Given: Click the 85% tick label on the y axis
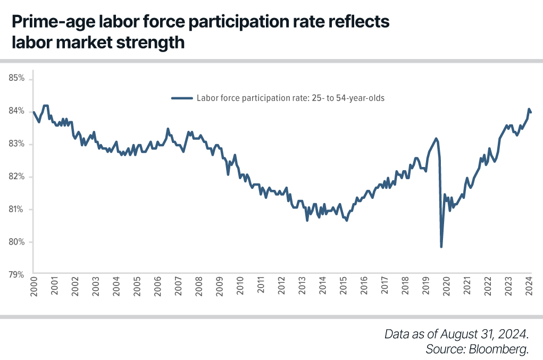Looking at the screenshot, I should click(x=17, y=78).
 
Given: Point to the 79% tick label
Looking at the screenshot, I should click(x=17, y=275).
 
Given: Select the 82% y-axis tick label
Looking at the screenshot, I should click(x=17, y=177).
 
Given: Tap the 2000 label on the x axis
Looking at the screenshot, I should click(x=34, y=287).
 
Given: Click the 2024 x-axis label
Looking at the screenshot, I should click(x=530, y=287).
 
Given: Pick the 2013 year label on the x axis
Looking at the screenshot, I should click(x=302, y=287).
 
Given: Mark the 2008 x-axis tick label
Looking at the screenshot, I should click(x=199, y=287).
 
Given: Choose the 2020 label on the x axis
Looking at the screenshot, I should click(x=447, y=287).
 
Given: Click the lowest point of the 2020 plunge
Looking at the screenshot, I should click(x=441, y=247).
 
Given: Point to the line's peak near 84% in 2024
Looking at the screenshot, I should click(x=529, y=109).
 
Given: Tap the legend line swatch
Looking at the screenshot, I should click(x=182, y=98).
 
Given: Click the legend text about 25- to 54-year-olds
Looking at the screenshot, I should click(x=290, y=98).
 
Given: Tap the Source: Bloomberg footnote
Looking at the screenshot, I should click(x=477, y=349).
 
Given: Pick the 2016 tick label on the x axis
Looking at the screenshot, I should click(x=364, y=287).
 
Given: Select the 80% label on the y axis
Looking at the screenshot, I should click(x=17, y=242).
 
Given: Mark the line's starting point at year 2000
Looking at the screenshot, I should click(x=34, y=112).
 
